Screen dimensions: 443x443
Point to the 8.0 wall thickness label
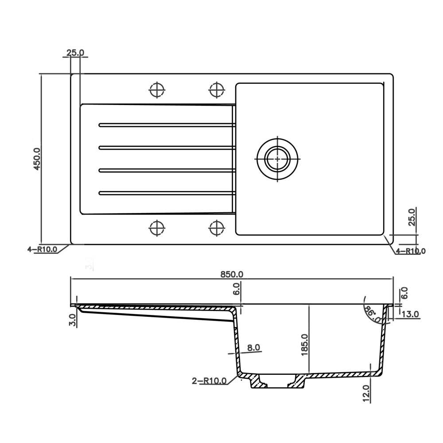[253, 348]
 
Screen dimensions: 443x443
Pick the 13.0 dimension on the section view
[410, 314]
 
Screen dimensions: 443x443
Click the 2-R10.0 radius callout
[209, 381]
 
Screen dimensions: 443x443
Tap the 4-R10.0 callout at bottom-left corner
[42, 249]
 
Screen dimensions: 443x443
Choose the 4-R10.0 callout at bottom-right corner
[410, 251]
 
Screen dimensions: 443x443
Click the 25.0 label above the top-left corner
[75, 53]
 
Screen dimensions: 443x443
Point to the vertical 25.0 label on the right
[412, 217]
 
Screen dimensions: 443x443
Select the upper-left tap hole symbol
[156, 89]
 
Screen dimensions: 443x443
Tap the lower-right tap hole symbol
[216, 229]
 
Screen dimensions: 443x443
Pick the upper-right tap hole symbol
[216, 89]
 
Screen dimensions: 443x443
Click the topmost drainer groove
[166, 125]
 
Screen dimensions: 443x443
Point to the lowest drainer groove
[166, 193]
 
